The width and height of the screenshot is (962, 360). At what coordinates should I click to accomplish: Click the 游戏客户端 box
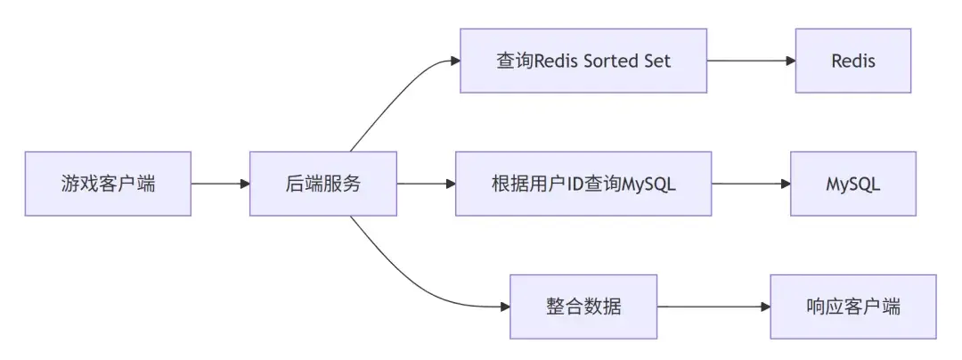(108, 184)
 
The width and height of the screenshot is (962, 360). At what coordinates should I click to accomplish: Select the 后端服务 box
(322, 184)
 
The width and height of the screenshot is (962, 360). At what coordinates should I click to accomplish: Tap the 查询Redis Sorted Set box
(583, 61)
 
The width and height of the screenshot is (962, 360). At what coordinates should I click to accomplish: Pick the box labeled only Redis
(852, 61)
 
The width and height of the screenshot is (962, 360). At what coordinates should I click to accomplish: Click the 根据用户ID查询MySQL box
(583, 184)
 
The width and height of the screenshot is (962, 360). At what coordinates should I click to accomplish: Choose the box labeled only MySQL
(852, 184)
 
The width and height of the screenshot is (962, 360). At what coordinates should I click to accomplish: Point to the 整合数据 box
(583, 307)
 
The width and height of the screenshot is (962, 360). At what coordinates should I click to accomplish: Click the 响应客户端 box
(852, 307)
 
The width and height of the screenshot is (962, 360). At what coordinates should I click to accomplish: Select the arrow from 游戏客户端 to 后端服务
(220, 184)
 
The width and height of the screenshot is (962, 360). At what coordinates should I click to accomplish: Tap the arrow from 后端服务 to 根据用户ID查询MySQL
(426, 184)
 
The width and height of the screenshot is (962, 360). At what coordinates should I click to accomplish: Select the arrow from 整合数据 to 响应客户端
(713, 307)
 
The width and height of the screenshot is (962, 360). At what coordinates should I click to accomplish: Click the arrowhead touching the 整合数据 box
(505, 307)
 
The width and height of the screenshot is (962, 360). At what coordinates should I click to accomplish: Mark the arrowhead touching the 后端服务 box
(245, 184)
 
